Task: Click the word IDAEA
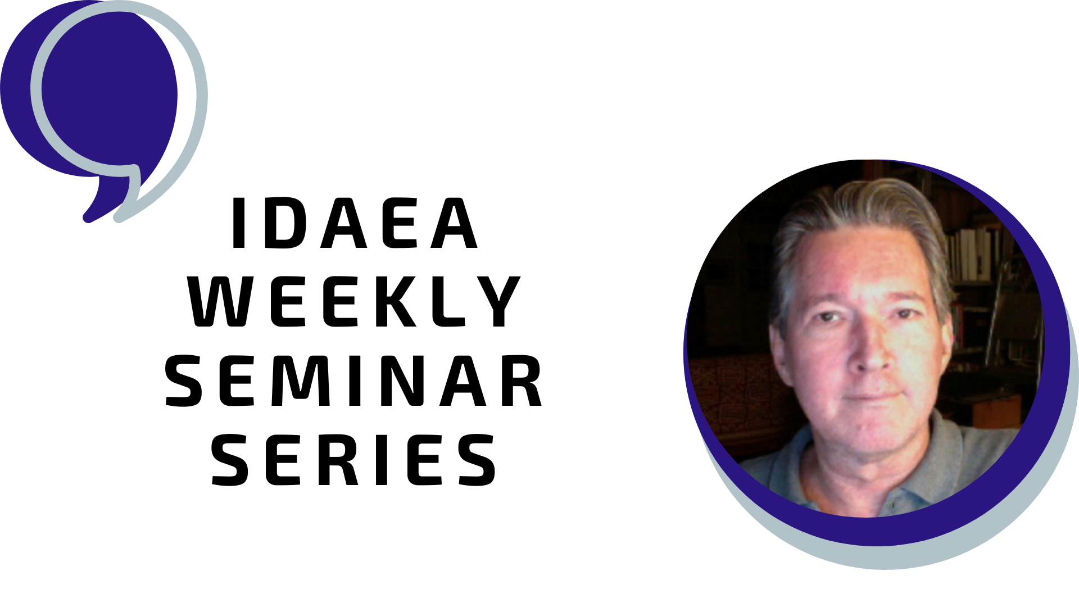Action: pos(355,223)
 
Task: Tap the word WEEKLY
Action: pos(355,301)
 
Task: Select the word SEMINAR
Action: pos(354,380)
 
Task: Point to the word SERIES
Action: pos(354,459)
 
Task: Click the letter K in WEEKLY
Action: pos(397,301)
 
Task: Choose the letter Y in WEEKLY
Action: pos(500,301)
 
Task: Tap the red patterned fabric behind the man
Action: pos(731,393)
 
